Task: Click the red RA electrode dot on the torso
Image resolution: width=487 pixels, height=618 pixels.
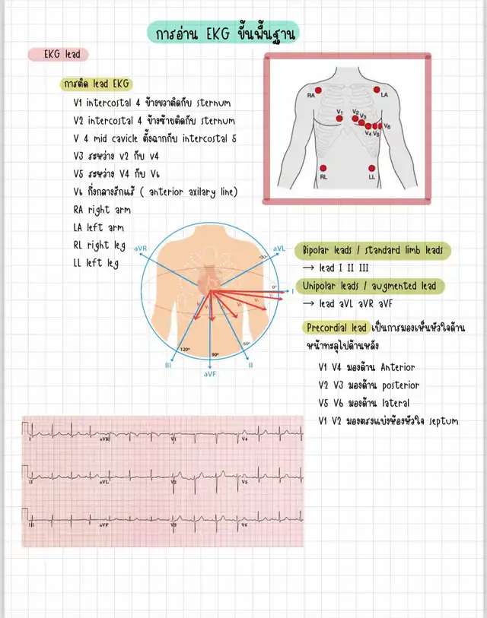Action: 319,90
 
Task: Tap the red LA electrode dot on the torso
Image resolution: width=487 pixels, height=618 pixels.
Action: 377,89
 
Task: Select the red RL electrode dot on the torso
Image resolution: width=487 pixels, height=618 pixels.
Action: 323,168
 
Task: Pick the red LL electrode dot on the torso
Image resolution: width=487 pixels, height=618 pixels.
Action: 372,168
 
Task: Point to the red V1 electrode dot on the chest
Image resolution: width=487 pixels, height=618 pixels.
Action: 340,118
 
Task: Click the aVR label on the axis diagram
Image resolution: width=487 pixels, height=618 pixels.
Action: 141,248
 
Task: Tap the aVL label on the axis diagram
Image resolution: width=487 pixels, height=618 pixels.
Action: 279,248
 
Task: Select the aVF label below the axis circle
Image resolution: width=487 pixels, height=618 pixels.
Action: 211,374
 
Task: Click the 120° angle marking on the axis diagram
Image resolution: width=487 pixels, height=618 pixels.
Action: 185,350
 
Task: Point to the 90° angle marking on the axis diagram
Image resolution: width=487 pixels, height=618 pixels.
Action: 215,354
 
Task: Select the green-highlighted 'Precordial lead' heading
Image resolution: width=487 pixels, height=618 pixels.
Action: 337,328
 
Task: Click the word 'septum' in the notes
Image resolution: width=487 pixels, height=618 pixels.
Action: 444,421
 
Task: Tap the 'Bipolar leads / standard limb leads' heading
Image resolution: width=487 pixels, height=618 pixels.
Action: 372,250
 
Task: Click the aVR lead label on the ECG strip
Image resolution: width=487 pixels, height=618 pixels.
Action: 104,439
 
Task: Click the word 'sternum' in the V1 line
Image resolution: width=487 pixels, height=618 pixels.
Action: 210,102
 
